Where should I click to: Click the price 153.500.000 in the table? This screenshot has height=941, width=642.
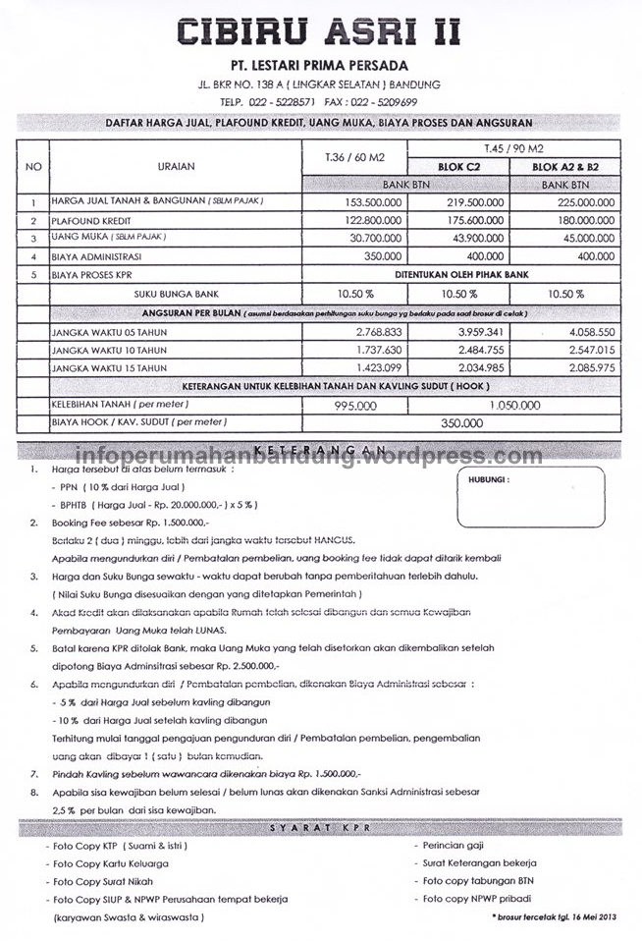(352, 201)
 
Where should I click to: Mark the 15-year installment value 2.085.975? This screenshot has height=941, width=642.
(584, 367)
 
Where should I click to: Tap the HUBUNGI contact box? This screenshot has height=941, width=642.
(538, 498)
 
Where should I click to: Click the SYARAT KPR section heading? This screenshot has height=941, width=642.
(320, 830)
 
